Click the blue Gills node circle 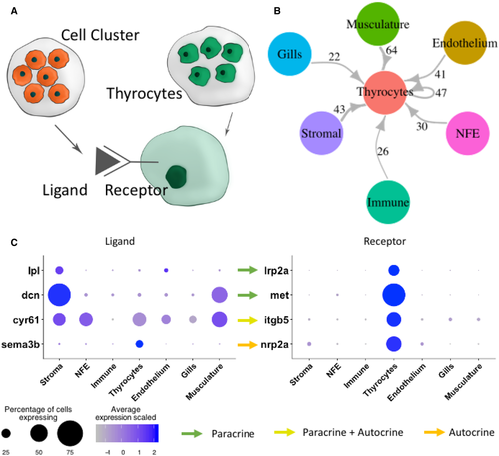[x=290, y=54]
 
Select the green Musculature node [x=378, y=23]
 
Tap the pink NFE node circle [x=467, y=133]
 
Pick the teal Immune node [x=388, y=202]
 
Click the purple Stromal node [x=321, y=133]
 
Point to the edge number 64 [x=391, y=50]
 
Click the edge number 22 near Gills [x=334, y=57]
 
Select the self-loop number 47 [x=441, y=93]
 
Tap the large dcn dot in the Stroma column [x=59, y=295]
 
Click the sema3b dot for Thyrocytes [x=139, y=344]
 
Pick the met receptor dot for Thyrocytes [x=394, y=295]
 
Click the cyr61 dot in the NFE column [x=86, y=320]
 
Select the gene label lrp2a [x=276, y=271]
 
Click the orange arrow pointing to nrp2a [x=248, y=345]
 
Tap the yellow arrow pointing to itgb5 [x=248, y=320]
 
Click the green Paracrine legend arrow [x=192, y=433]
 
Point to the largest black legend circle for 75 [x=70, y=433]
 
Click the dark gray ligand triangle [x=106, y=162]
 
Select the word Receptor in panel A [x=136, y=190]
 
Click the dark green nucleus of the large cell [x=176, y=177]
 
